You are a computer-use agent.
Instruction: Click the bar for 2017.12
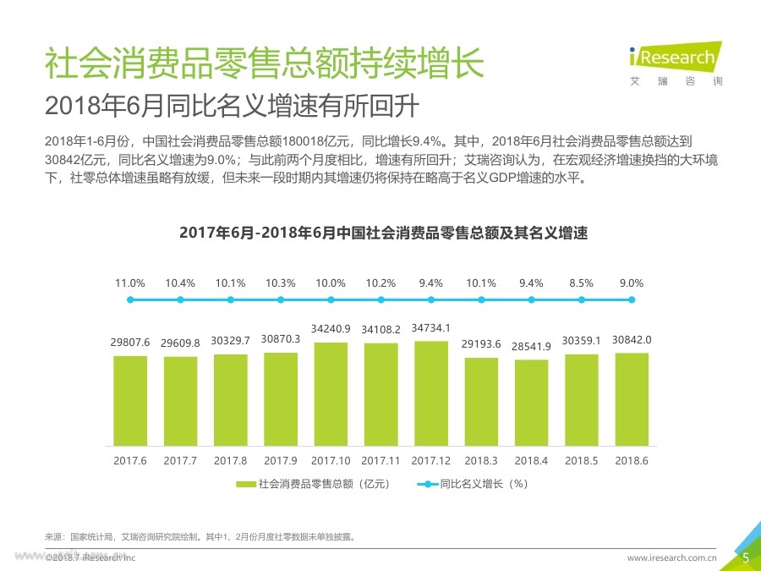pos(431,393)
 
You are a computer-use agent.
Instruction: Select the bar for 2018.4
pos(532,403)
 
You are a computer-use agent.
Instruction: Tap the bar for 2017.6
pos(130,400)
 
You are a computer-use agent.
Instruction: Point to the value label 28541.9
pos(532,347)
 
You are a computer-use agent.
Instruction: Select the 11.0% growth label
pos(130,283)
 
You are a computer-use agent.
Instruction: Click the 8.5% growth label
pos(582,283)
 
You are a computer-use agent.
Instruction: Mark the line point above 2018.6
pos(632,299)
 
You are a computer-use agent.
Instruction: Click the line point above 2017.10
pos(331,299)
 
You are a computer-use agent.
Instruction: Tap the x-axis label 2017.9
pos(281,460)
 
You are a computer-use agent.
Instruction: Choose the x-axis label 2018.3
pos(481,460)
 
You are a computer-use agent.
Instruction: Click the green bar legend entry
pos(312,484)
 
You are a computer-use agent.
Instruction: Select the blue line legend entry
pos(473,484)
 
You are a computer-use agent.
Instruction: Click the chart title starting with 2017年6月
pos(383,233)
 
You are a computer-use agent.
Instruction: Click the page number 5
pos(745,557)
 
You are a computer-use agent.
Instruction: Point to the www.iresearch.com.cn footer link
pos(671,557)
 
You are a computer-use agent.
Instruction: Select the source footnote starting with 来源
pos(200,536)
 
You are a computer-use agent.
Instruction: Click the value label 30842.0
pos(632,338)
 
